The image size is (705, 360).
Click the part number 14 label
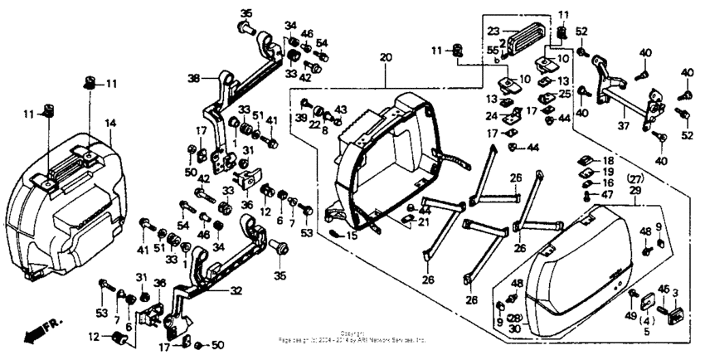point(109,123)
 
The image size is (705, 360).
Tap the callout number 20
point(385,57)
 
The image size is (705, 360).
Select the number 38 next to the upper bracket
point(193,79)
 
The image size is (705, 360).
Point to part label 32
point(236,291)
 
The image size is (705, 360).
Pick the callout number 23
point(491,31)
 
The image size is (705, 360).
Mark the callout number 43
point(340,109)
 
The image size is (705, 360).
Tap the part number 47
point(607,194)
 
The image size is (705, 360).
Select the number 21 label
point(424,222)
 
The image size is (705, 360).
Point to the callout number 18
point(608,160)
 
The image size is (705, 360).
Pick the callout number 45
point(664,289)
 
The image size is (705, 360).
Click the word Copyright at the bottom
point(352,332)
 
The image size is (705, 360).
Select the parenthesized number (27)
point(635,179)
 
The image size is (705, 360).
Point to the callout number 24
point(492,116)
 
